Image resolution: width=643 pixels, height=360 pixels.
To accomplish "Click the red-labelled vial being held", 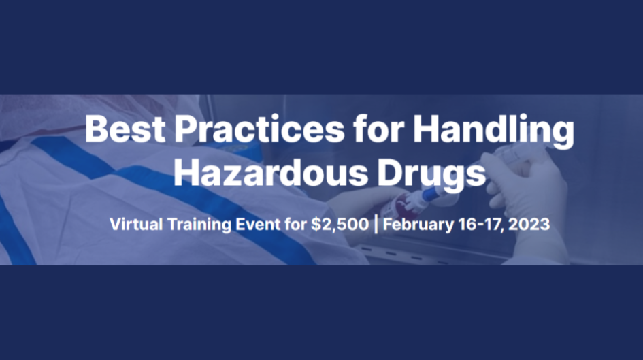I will tap(408, 204).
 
